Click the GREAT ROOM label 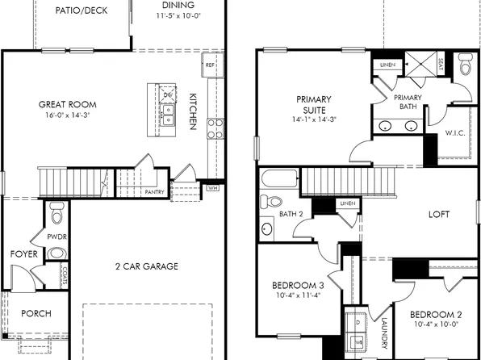pyautogui.click(x=68, y=104)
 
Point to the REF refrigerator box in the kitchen pyautogui.click(x=210, y=65)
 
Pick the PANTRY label pyautogui.click(x=155, y=192)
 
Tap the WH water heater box pyautogui.click(x=212, y=187)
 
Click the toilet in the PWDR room pyautogui.click(x=56, y=214)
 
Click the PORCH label pyautogui.click(x=36, y=313)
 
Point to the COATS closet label pyautogui.click(x=62, y=278)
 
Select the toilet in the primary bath pyautogui.click(x=466, y=67)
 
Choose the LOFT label pyautogui.click(x=438, y=215)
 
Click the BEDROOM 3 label pyautogui.click(x=298, y=285)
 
